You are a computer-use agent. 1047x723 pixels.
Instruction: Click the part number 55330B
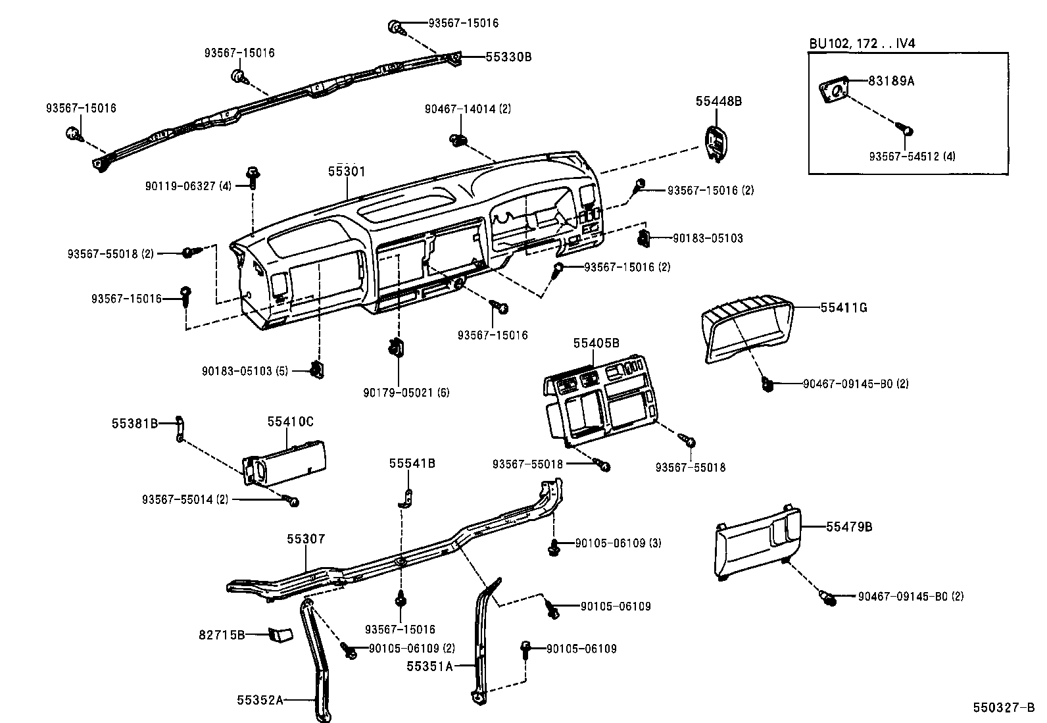[508, 57]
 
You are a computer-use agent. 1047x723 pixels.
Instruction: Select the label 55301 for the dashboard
[347, 172]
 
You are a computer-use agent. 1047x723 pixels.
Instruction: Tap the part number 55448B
[719, 101]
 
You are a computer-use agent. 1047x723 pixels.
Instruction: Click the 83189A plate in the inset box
[832, 91]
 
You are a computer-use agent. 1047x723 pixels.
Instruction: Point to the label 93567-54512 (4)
[912, 157]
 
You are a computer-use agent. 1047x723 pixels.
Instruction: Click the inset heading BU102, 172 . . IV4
[862, 43]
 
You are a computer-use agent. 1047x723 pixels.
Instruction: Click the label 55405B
[596, 343]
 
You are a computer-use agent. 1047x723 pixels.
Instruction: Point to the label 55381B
[134, 424]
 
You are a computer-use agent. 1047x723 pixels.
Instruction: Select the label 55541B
[412, 463]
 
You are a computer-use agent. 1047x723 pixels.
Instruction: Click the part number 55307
[306, 539]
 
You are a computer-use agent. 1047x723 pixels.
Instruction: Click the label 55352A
[260, 701]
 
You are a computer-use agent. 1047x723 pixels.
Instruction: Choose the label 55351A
[429, 666]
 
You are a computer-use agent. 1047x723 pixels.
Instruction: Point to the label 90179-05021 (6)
[406, 393]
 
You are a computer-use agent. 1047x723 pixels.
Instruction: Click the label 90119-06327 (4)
[189, 186]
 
